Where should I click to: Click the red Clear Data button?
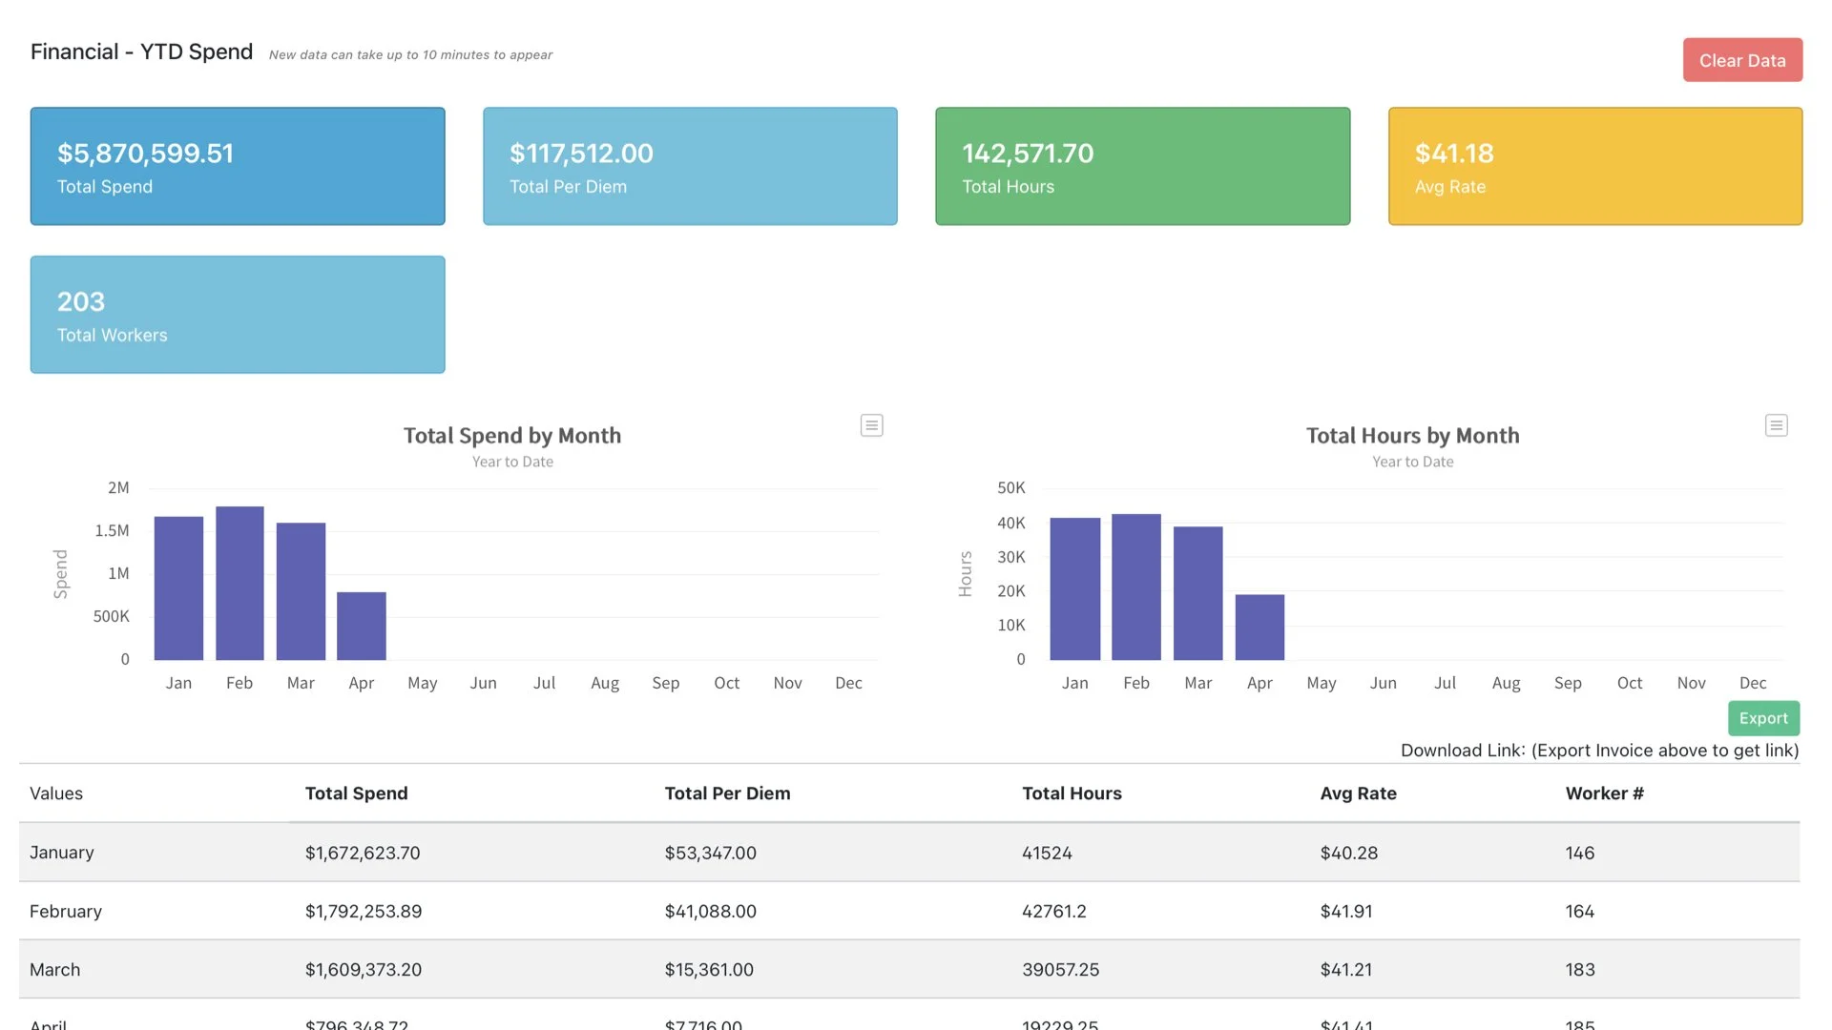coord(1741,60)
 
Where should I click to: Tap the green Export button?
coord(1762,718)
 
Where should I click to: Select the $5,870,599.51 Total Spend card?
coord(238,166)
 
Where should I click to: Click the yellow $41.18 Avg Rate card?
coord(1594,166)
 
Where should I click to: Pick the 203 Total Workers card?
coord(238,314)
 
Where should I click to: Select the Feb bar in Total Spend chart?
coord(239,583)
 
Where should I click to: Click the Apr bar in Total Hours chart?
coord(1259,627)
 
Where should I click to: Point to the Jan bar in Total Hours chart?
coord(1074,588)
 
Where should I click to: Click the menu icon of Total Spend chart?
coord(871,425)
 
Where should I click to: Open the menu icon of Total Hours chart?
coord(1776,425)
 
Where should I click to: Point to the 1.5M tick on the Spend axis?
coord(112,530)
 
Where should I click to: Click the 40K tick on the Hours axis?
coord(1010,523)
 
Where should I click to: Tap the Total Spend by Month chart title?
coord(511,436)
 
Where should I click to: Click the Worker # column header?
coord(1604,793)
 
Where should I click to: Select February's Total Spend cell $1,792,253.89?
coord(364,911)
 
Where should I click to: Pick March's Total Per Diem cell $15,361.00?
coord(709,969)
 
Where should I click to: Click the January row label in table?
coord(62,853)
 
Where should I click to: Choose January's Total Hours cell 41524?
coord(1047,853)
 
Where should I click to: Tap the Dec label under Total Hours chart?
coord(1752,683)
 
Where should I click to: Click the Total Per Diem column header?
coord(727,793)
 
